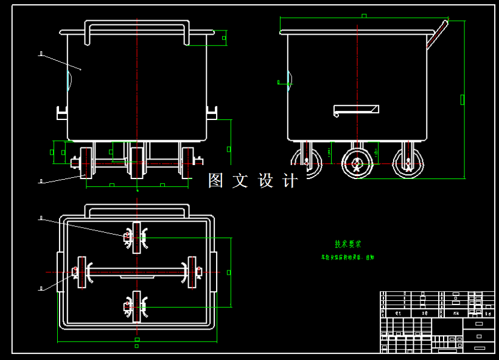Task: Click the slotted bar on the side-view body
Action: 356,110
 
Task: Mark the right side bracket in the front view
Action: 212,113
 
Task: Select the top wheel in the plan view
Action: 137,237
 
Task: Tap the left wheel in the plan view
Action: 82,272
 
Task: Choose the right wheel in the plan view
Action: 192,272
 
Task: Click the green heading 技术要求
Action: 347,244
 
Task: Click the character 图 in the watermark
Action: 216,180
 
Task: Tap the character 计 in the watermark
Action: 290,180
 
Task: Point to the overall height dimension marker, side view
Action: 462,99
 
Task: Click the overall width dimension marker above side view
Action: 364,16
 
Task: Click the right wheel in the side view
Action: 407,163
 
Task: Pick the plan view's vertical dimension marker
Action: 229,272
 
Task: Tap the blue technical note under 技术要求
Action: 348,258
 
